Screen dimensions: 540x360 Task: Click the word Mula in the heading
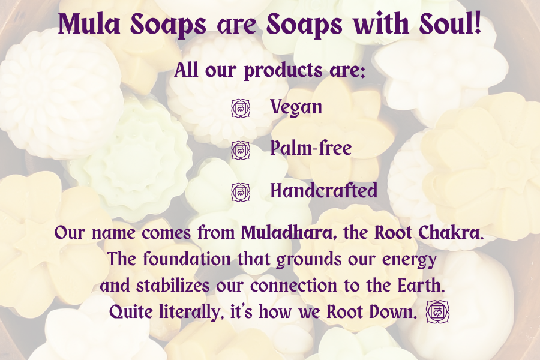89,24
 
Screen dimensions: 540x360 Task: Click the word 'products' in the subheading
283,71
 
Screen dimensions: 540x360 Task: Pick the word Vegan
296,107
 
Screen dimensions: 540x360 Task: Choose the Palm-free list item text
311,148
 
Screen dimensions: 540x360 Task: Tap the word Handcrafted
324,190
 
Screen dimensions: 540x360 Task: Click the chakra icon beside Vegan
241,108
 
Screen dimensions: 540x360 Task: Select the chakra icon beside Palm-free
241,150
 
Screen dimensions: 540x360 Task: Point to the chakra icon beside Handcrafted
241,192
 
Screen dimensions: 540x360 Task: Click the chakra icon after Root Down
438,312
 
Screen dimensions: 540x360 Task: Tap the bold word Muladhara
287,233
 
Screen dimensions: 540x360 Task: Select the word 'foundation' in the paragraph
187,259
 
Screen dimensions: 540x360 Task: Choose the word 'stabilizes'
173,286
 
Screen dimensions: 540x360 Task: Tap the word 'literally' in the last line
189,313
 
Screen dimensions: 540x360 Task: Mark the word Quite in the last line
131,313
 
